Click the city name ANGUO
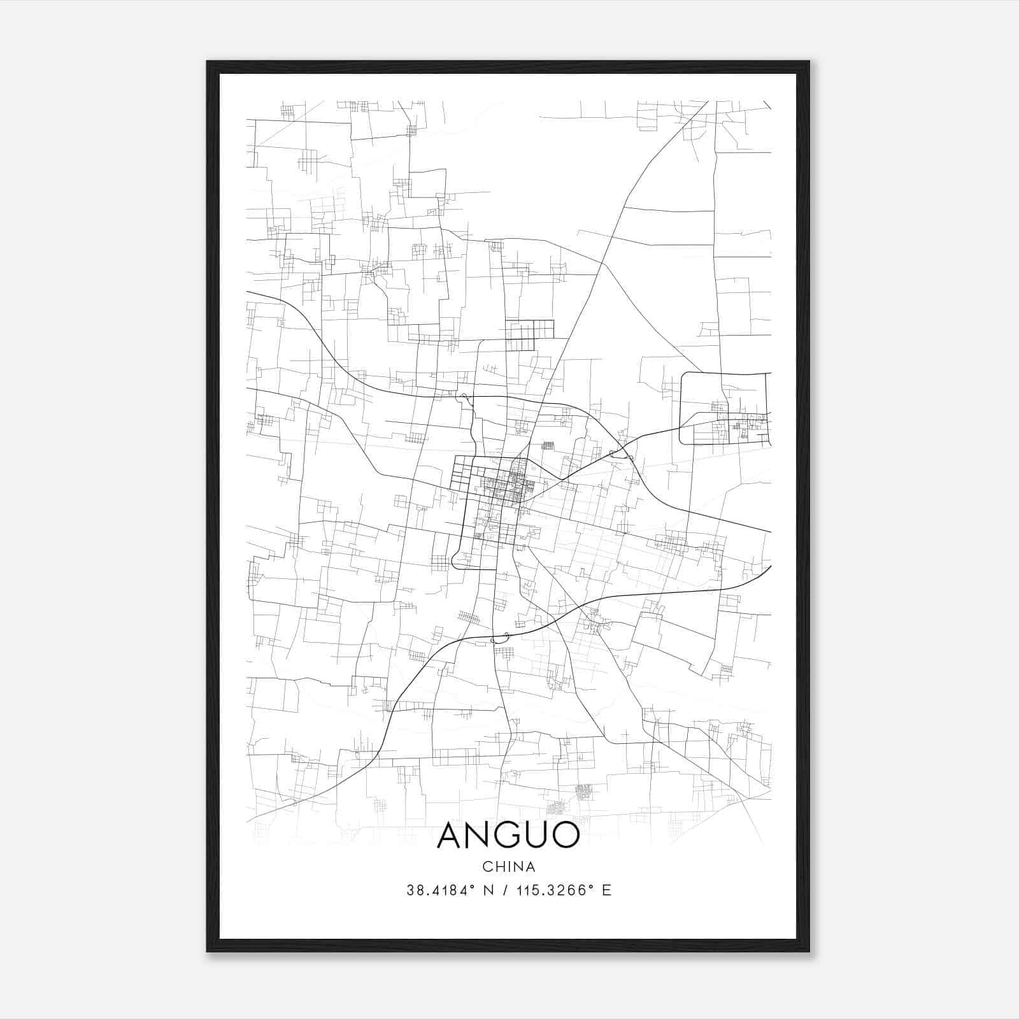[508, 836]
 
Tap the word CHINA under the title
[508, 867]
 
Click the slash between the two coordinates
[505, 890]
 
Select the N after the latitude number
[488, 890]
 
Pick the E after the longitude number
[606, 890]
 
